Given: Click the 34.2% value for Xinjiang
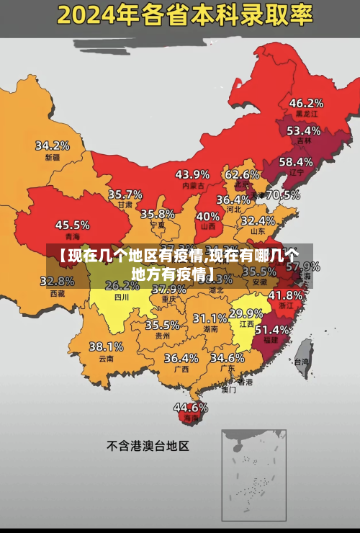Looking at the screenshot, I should click(x=53, y=145).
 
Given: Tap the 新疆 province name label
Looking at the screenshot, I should click(x=53, y=157).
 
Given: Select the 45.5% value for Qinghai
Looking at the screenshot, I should click(x=72, y=225).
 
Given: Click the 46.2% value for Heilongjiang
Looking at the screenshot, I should click(x=306, y=102).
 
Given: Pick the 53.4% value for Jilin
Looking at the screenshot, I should click(x=303, y=130).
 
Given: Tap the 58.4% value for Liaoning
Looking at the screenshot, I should click(x=296, y=161).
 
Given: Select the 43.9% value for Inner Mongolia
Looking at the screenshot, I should click(x=192, y=174).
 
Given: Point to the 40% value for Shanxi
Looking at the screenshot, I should click(x=208, y=215).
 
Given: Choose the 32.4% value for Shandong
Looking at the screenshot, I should click(x=257, y=220).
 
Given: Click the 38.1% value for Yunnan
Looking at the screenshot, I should click(x=106, y=346).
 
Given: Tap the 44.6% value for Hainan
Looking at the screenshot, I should click(x=191, y=407).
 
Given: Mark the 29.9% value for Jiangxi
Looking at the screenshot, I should click(x=246, y=313).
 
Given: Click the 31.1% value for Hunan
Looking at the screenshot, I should click(x=210, y=318).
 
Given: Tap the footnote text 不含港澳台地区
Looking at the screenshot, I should click(x=148, y=446).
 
